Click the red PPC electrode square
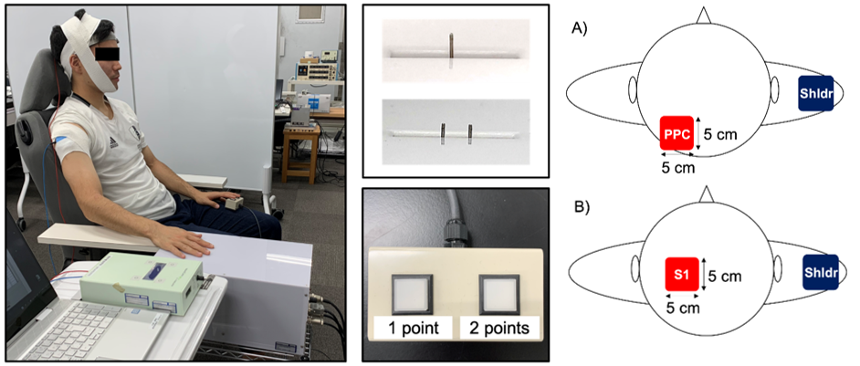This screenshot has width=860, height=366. [676, 133]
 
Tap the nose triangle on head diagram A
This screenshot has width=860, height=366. [701, 16]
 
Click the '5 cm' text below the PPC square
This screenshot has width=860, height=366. [676, 167]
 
